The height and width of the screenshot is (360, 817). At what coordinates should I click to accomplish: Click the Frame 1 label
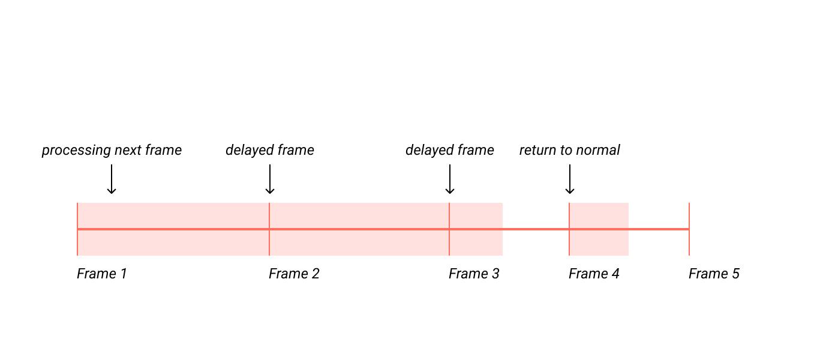point(102,274)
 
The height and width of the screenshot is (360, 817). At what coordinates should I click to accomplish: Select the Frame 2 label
point(294,274)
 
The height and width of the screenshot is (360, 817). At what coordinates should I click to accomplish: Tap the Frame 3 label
point(474,274)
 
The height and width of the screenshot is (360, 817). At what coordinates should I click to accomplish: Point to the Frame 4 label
point(594,274)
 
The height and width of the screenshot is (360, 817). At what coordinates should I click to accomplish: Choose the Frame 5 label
point(714,274)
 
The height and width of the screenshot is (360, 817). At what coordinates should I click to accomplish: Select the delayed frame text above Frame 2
point(270,150)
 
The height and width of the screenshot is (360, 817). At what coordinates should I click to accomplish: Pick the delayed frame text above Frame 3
point(450,150)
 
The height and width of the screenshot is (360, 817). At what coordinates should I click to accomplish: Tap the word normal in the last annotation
point(598,150)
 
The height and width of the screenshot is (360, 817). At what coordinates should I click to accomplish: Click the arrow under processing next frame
point(111,179)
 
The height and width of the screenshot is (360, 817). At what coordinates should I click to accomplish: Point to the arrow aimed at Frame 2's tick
point(270,179)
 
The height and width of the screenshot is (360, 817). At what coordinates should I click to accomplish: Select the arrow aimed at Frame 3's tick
point(450,179)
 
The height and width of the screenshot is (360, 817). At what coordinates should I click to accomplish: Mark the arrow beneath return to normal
point(570,179)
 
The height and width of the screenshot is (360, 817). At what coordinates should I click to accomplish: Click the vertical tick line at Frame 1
point(77,216)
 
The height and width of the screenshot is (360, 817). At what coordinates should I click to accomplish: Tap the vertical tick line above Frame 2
point(269,216)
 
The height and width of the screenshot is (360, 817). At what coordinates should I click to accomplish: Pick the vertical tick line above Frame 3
point(449,216)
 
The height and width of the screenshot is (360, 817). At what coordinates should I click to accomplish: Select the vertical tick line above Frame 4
point(569,216)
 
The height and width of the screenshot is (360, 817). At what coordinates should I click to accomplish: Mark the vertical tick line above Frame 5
point(689,216)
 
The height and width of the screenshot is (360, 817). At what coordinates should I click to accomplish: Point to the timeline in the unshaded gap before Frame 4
point(536,229)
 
